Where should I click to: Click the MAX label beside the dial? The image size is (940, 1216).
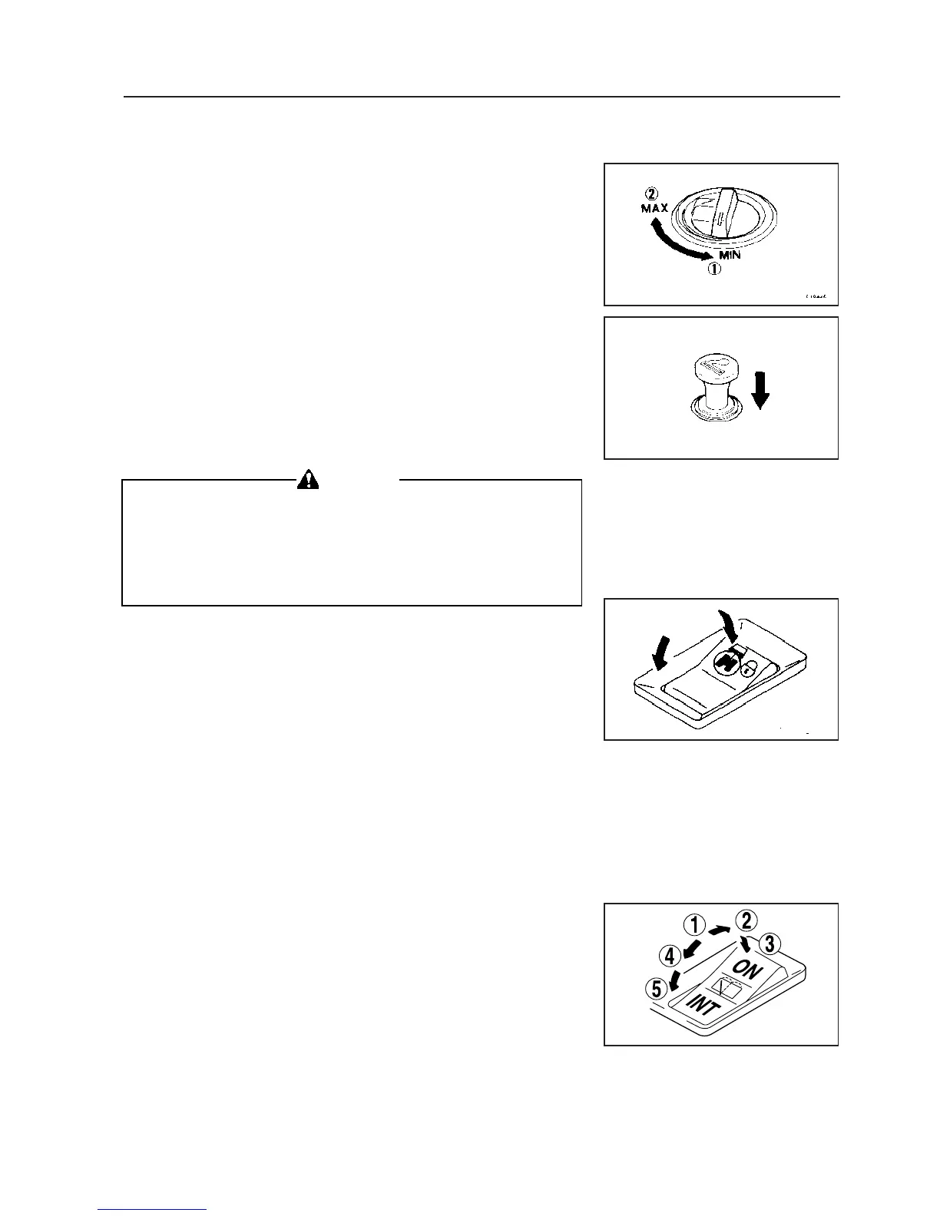[654, 208]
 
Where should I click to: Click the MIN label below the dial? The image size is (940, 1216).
[730, 255]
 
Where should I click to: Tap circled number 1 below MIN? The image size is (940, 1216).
[714, 270]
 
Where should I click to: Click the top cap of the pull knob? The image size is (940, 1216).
[717, 366]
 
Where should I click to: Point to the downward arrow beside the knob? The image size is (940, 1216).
[761, 391]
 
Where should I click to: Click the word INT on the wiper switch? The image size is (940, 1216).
[700, 1006]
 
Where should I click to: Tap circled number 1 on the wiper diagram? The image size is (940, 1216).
[694, 927]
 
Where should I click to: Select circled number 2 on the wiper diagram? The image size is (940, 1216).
[744, 919]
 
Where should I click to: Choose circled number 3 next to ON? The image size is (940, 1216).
[771, 943]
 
